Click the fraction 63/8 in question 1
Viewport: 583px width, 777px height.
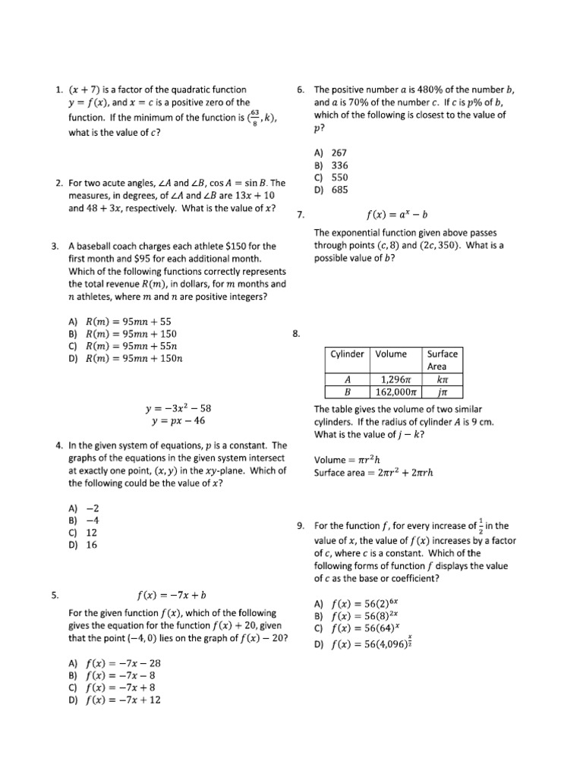coord(255,118)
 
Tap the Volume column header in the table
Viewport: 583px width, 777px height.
coord(391,354)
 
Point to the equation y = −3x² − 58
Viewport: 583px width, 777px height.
coord(178,408)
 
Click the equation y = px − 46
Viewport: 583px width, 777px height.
coord(178,421)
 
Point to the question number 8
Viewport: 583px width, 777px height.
coord(297,333)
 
